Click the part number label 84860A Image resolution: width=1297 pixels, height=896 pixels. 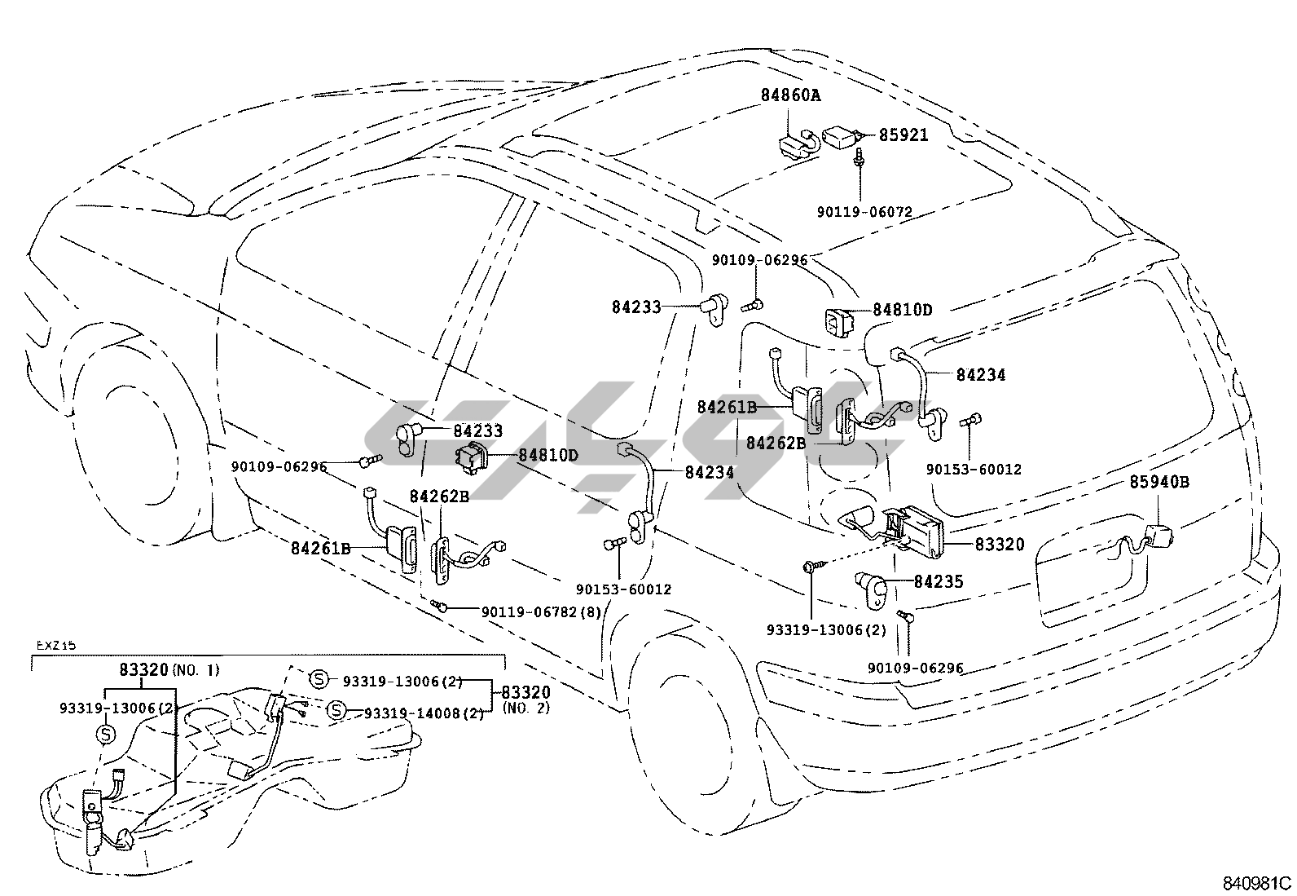790,95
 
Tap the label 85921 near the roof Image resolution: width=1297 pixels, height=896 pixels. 903,135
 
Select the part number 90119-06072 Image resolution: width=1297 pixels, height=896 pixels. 864,212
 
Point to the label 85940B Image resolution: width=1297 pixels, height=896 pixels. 1159,482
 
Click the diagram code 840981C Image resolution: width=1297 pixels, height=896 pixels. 1256,883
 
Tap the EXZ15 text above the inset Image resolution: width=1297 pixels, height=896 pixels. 55,646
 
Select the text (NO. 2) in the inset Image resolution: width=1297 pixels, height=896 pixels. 526,708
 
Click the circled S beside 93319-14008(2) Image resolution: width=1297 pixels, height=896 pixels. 335,712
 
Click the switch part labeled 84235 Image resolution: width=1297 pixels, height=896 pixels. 870,586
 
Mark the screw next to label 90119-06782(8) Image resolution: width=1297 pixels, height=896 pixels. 440,606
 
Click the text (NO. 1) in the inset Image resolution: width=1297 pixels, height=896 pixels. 196,670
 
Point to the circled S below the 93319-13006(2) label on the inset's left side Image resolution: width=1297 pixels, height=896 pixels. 106,734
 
